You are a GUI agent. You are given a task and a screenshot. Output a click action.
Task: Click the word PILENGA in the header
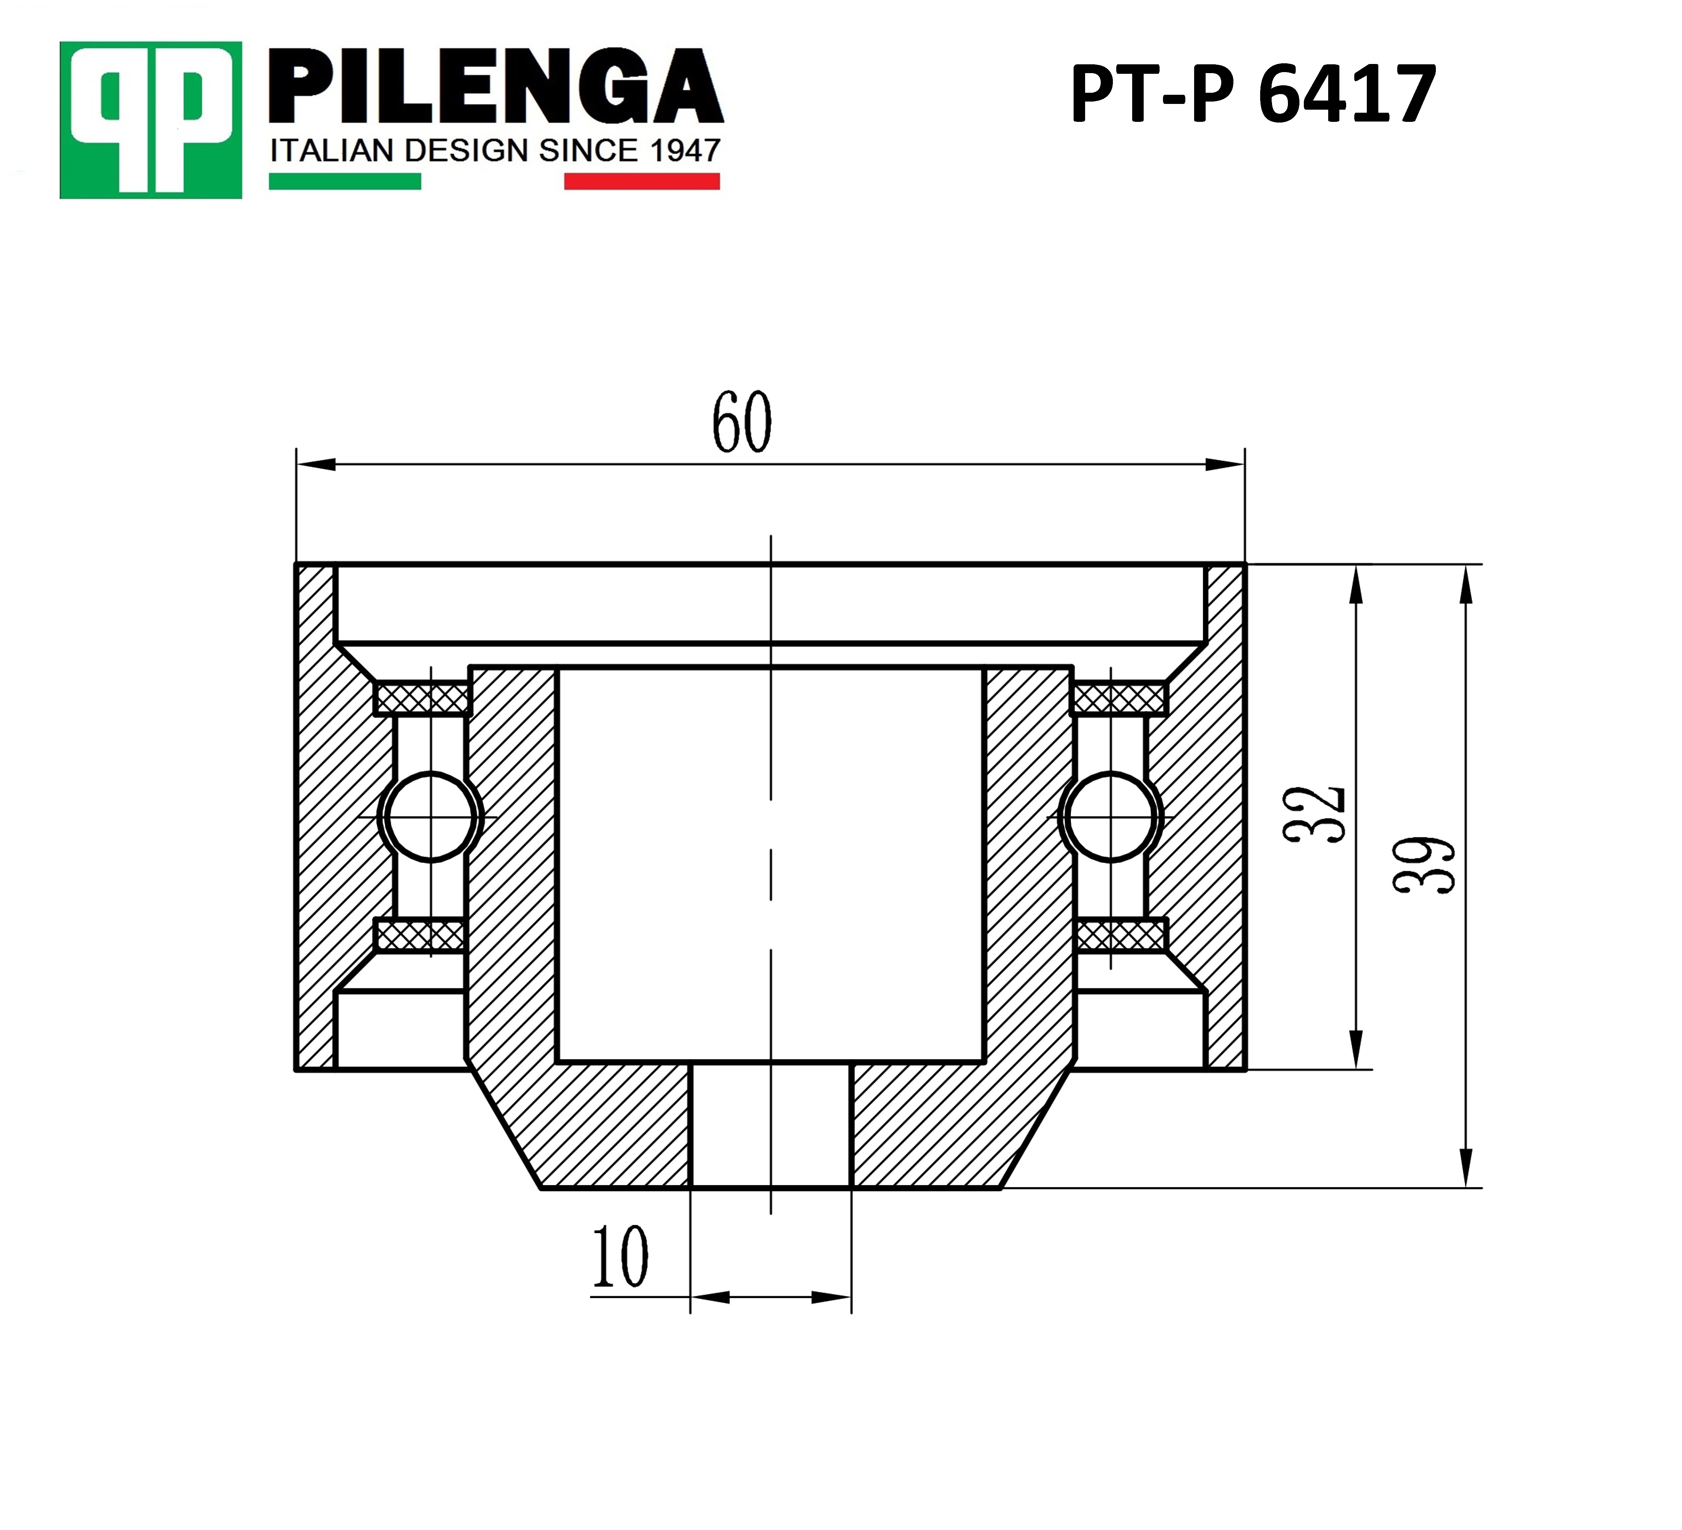[496, 86]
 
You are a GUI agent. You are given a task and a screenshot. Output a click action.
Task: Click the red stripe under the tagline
[642, 181]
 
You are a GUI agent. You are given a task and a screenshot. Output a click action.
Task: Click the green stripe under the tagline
[345, 181]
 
